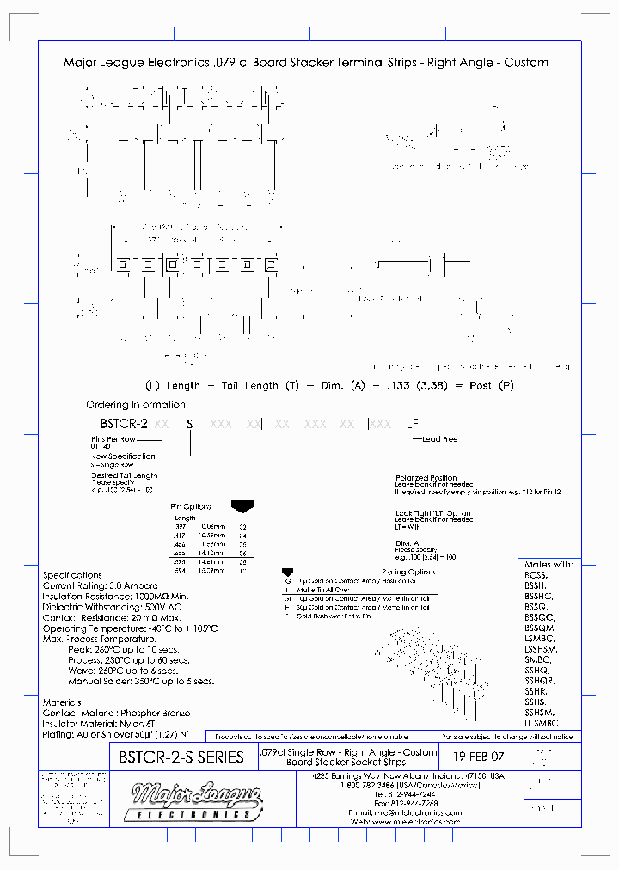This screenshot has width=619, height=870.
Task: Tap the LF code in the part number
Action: [x=413, y=424]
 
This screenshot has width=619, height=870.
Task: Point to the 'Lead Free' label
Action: [x=439, y=439]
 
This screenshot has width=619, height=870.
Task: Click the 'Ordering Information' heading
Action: [x=135, y=405]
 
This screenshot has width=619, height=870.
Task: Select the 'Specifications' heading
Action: [x=72, y=575]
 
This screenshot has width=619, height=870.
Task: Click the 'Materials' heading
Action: [x=62, y=702]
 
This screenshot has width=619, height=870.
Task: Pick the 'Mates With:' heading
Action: [x=548, y=565]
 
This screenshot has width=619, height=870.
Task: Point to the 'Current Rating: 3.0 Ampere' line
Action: [x=101, y=585]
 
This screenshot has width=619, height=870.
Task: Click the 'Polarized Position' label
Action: [x=426, y=478]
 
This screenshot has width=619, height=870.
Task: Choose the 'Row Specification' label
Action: [x=123, y=456]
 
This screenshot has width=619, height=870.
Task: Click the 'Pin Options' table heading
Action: [x=191, y=507]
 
